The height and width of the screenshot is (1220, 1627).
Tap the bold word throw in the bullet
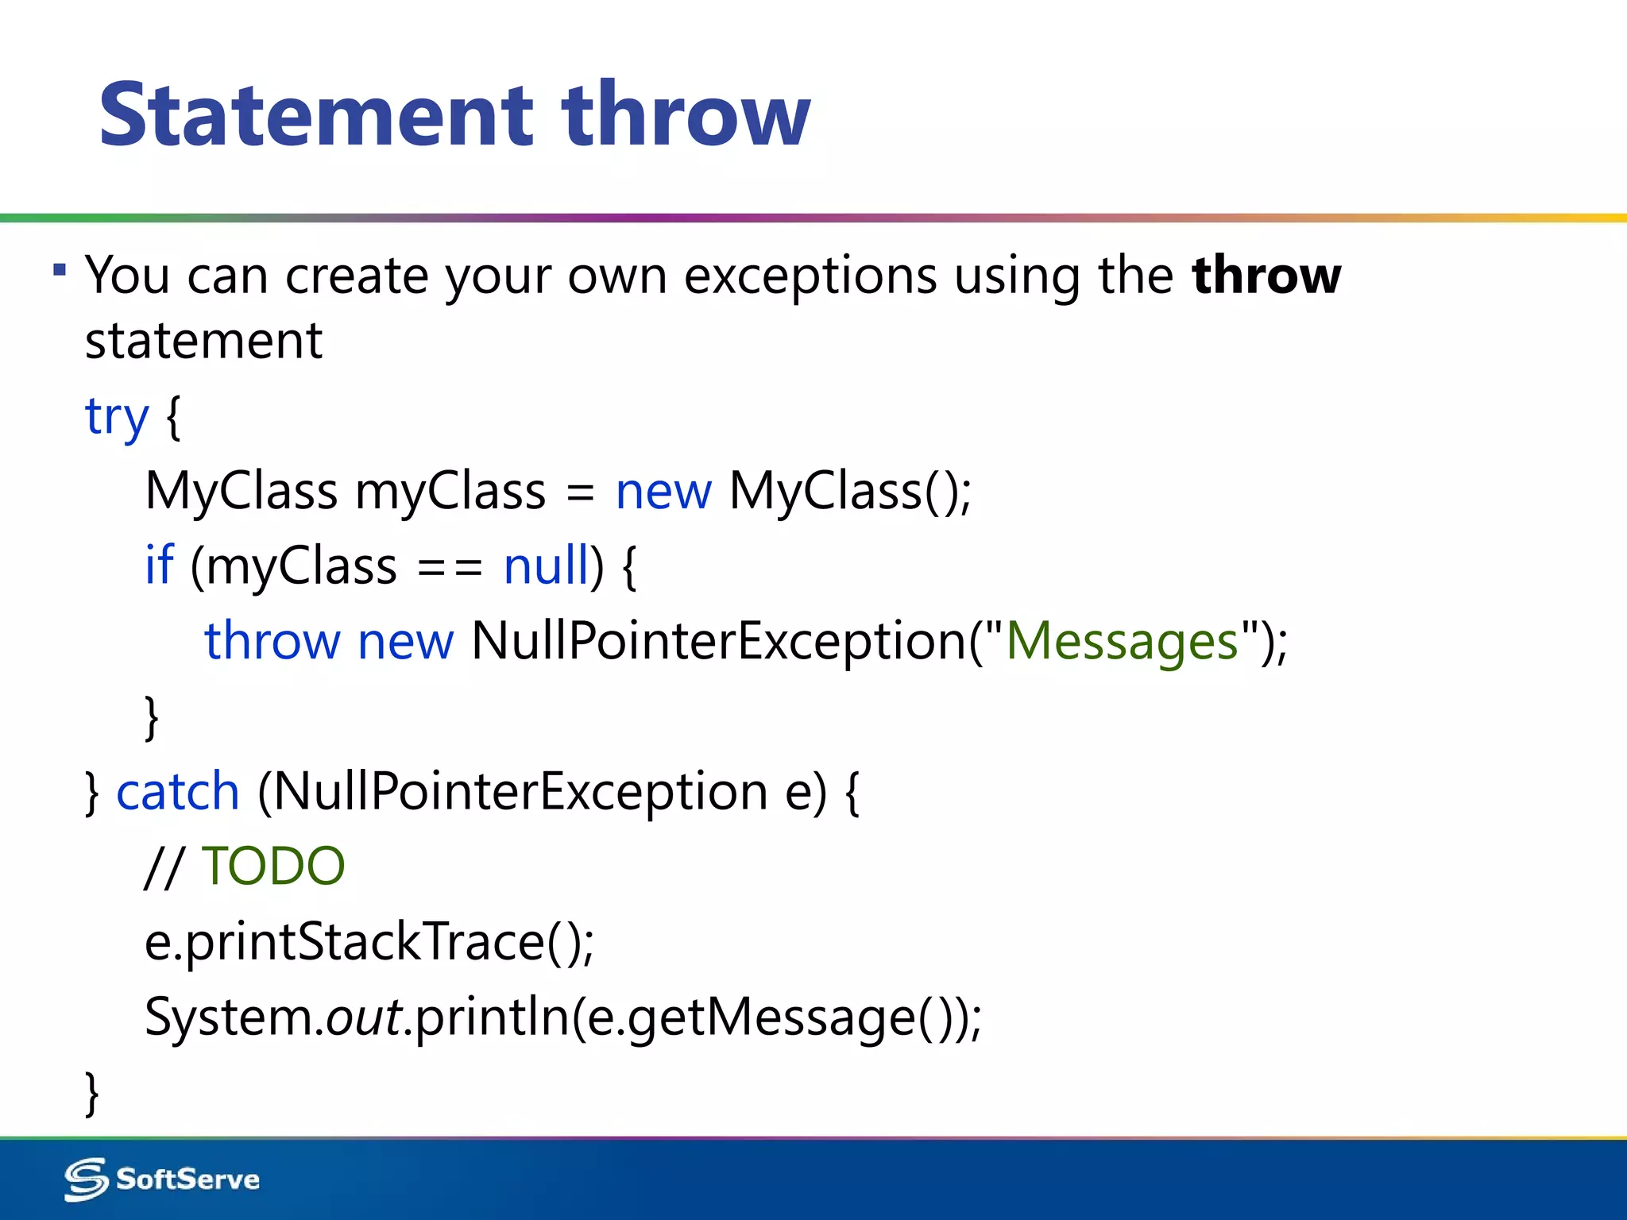pos(1266,276)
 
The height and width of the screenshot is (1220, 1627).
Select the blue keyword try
pos(117,416)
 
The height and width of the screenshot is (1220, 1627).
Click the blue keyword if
pos(159,566)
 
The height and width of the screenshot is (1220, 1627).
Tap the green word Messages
pos(1122,640)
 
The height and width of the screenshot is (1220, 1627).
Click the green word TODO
pos(273,866)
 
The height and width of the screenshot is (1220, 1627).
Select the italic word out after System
pos(364,1017)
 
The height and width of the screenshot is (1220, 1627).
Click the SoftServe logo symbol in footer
pos(86,1179)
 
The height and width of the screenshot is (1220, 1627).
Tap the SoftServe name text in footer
pos(187,1179)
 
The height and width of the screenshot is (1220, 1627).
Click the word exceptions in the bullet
pos(810,276)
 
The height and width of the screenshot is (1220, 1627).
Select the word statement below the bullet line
pos(203,342)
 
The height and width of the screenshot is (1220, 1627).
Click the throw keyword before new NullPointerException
pos(272,640)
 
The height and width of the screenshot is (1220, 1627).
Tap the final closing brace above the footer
pos(92,1093)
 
